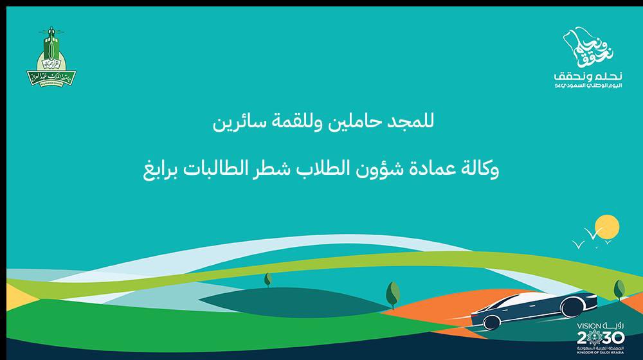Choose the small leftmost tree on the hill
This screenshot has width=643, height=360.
point(267,280)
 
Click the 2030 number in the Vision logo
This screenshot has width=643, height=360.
point(590,339)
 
